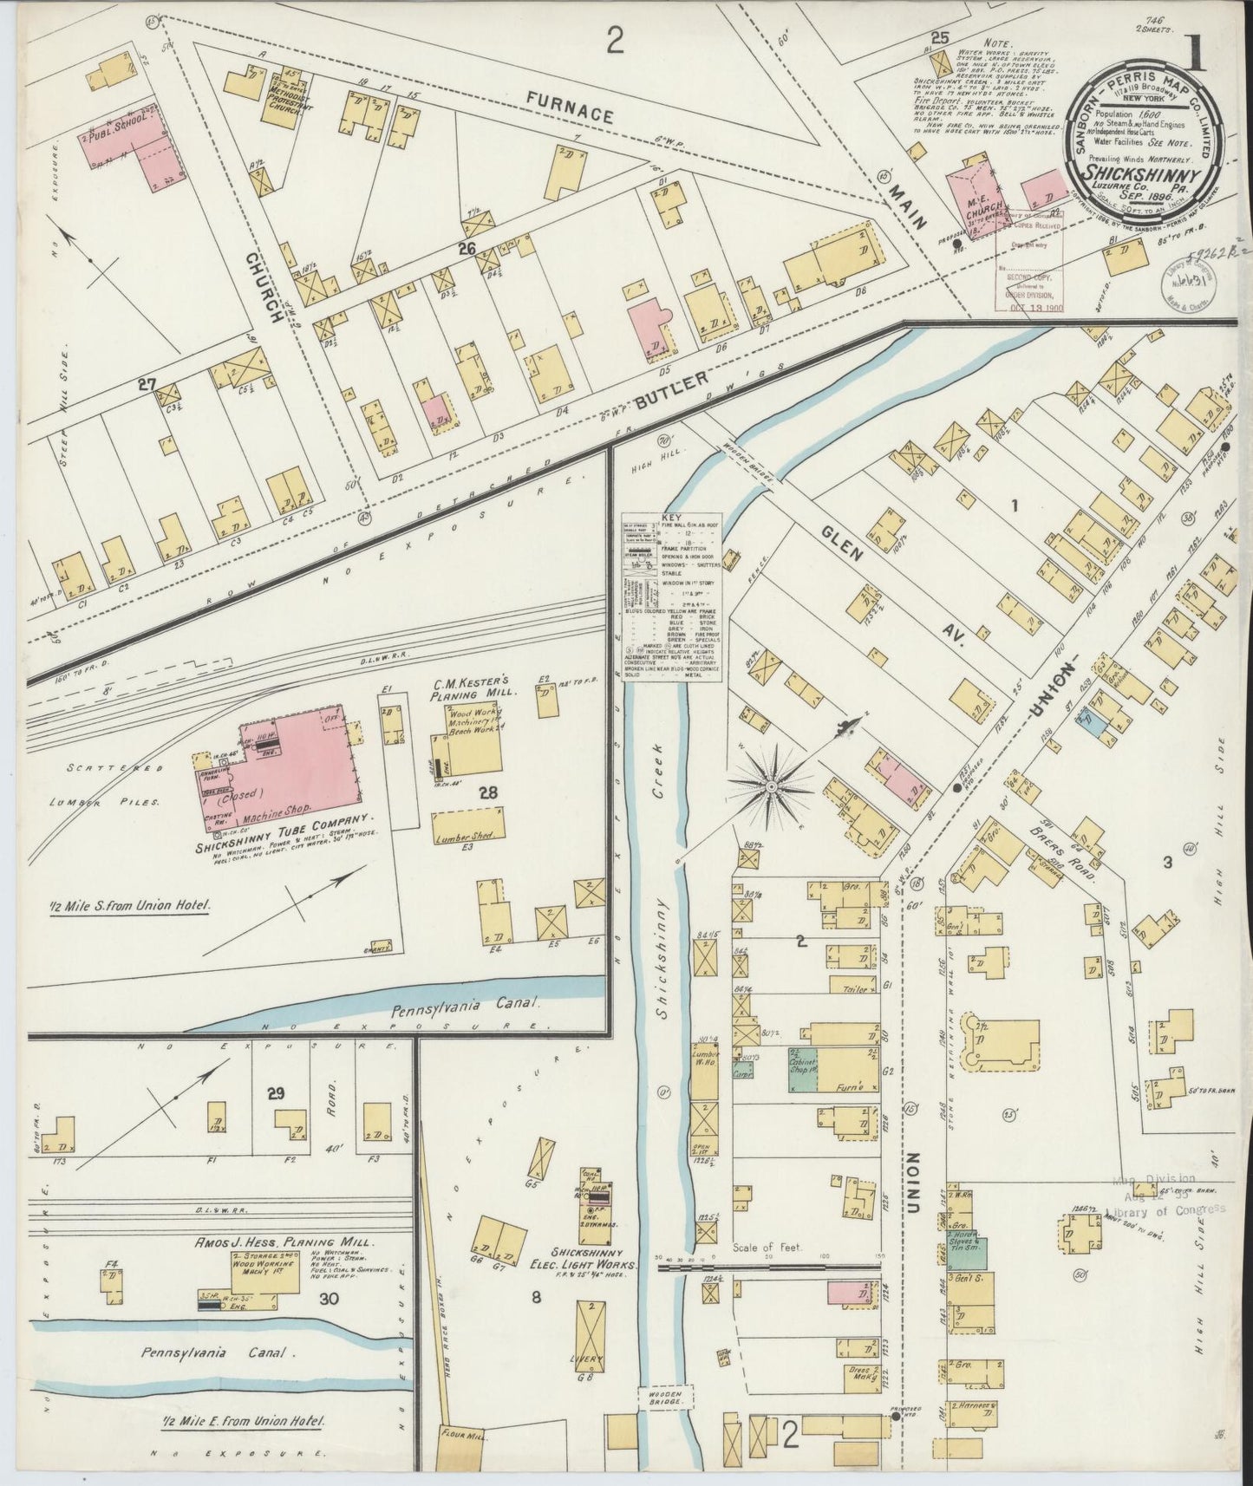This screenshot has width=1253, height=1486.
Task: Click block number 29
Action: pos(275,1093)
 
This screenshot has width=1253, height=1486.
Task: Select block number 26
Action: pos(468,250)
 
